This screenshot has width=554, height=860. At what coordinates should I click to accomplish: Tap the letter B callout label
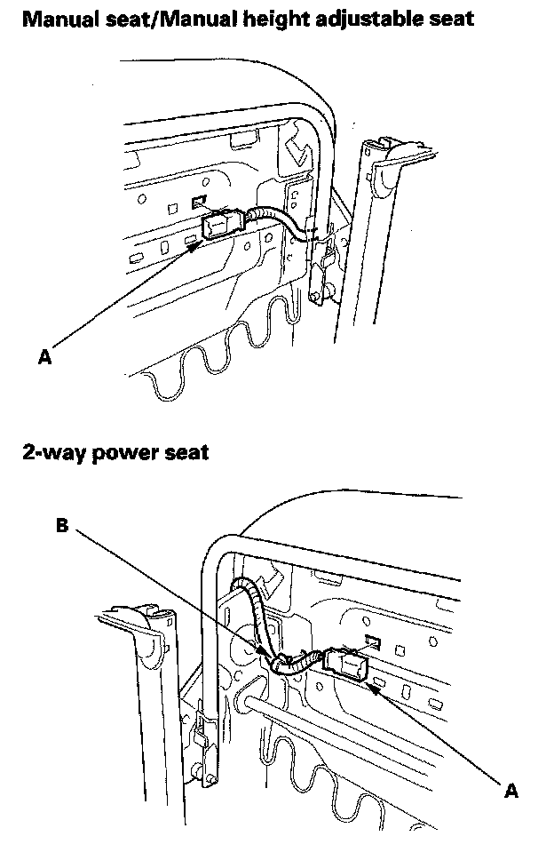point(62,526)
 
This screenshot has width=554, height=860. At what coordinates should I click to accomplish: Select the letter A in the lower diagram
point(510,790)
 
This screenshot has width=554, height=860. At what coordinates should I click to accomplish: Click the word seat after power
point(186,452)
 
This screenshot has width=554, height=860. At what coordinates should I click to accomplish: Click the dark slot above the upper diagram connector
point(201,202)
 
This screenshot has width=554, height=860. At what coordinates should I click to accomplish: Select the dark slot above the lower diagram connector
point(374,640)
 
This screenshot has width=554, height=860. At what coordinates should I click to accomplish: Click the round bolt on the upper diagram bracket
point(323,289)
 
